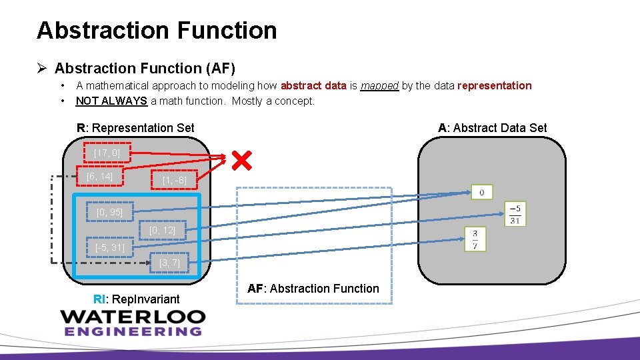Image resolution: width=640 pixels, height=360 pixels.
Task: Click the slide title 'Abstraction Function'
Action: [x=157, y=31]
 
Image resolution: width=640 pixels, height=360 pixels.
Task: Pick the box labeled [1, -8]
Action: [x=174, y=180]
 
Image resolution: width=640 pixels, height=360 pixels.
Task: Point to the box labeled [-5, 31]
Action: [x=110, y=247]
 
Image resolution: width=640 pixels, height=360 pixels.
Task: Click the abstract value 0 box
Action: [x=481, y=193]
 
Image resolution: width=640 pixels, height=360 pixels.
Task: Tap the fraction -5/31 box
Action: [x=514, y=213]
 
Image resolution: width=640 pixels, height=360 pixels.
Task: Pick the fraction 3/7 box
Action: [x=475, y=239]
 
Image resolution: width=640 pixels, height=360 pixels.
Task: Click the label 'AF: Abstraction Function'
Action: [x=313, y=289]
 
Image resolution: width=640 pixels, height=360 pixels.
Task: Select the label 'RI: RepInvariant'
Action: [x=137, y=299]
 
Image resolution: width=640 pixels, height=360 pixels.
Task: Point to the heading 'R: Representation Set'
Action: [x=135, y=127]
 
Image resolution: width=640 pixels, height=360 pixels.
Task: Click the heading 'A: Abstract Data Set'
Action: [x=492, y=127]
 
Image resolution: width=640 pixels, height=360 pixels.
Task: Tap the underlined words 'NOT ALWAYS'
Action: [x=111, y=101]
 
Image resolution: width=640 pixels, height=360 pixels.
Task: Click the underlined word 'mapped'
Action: [x=379, y=85]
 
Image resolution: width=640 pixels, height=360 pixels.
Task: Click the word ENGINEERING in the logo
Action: [x=133, y=331]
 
